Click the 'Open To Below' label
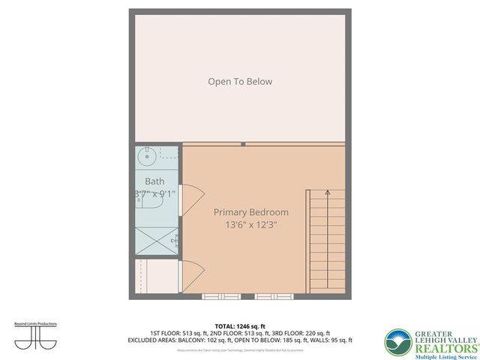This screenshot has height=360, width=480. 240,81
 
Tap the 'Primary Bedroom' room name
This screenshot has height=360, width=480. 250,212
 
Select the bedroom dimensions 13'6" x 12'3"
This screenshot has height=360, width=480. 250,225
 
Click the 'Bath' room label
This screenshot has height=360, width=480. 154,181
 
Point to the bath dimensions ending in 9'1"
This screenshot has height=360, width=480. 155,193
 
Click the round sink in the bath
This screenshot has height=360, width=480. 147,157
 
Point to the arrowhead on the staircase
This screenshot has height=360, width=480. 328,193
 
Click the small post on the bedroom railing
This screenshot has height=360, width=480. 243,143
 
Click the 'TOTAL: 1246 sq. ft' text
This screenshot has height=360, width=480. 240,326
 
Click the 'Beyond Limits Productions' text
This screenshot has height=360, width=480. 35,324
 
